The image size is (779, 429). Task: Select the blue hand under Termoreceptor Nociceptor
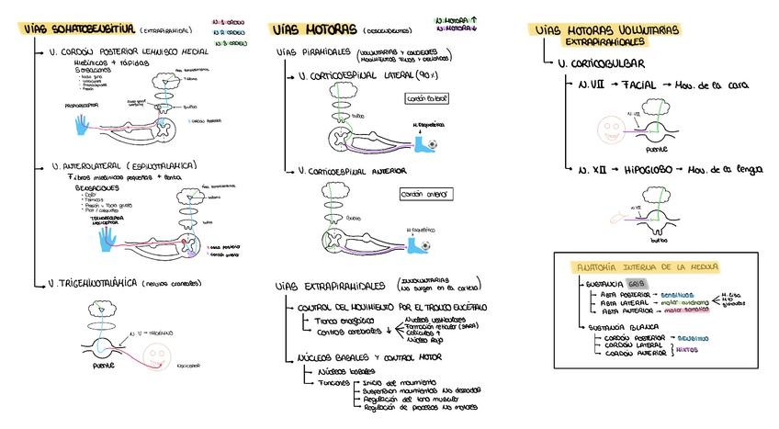click(108, 238)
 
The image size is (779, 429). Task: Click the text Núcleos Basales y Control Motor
click(370, 356)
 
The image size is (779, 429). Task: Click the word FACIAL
click(638, 85)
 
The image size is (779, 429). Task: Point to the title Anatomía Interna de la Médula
click(646, 267)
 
